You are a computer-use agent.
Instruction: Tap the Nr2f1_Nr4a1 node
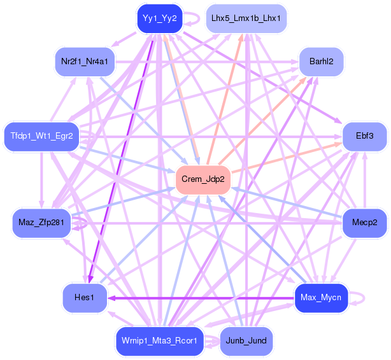(x=84, y=62)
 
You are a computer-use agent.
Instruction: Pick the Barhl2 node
(x=322, y=62)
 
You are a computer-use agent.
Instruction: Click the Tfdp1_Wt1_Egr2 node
(x=41, y=136)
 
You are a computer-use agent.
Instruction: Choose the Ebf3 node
(x=364, y=136)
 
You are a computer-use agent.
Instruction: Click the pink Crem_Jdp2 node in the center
(x=203, y=179)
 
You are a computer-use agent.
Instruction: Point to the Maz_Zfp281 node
(x=41, y=223)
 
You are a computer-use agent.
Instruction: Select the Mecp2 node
(x=364, y=223)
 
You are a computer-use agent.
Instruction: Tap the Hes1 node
(x=84, y=297)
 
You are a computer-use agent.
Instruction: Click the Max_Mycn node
(x=321, y=297)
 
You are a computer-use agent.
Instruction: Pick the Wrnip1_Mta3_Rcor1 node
(x=160, y=341)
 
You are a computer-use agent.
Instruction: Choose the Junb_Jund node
(x=246, y=341)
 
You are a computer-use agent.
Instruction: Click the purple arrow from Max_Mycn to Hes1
(x=204, y=297)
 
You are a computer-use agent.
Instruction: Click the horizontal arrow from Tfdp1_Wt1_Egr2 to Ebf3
(x=210, y=136)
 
